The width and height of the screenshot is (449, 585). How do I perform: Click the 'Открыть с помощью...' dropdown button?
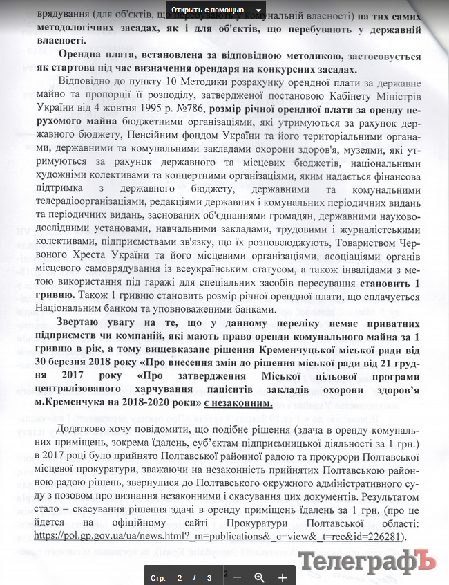tap(216, 10)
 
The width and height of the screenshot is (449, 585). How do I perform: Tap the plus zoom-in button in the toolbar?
tap(283, 577)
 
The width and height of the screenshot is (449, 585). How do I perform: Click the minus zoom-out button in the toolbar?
tap(237, 577)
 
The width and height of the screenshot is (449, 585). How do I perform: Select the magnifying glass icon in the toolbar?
tap(260, 577)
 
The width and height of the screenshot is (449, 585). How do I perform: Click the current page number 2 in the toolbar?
tap(180, 577)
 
